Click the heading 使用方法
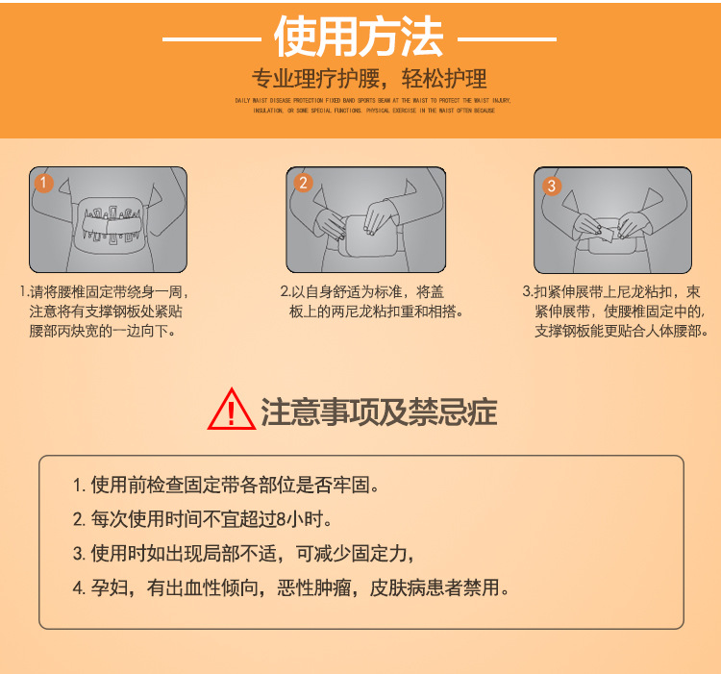(x=359, y=37)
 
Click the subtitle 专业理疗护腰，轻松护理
(x=369, y=79)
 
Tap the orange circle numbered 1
(x=42, y=182)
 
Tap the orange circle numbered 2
(x=303, y=183)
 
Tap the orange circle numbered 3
(x=552, y=186)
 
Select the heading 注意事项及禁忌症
(x=379, y=412)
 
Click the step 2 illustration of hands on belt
(x=366, y=221)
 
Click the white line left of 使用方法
(x=211, y=40)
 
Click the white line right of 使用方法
(x=508, y=40)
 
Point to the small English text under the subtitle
(x=373, y=105)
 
